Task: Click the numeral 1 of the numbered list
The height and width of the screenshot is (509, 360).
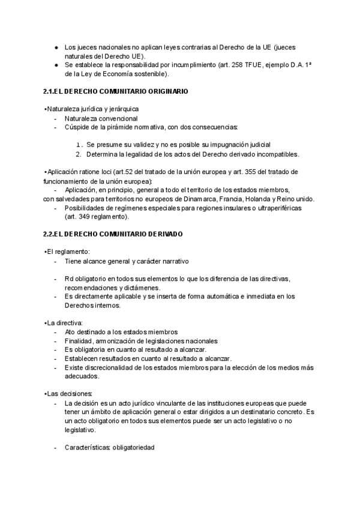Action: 79,145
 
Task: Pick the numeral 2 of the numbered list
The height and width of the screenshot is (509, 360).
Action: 79,154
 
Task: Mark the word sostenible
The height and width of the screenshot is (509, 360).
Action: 150,74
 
